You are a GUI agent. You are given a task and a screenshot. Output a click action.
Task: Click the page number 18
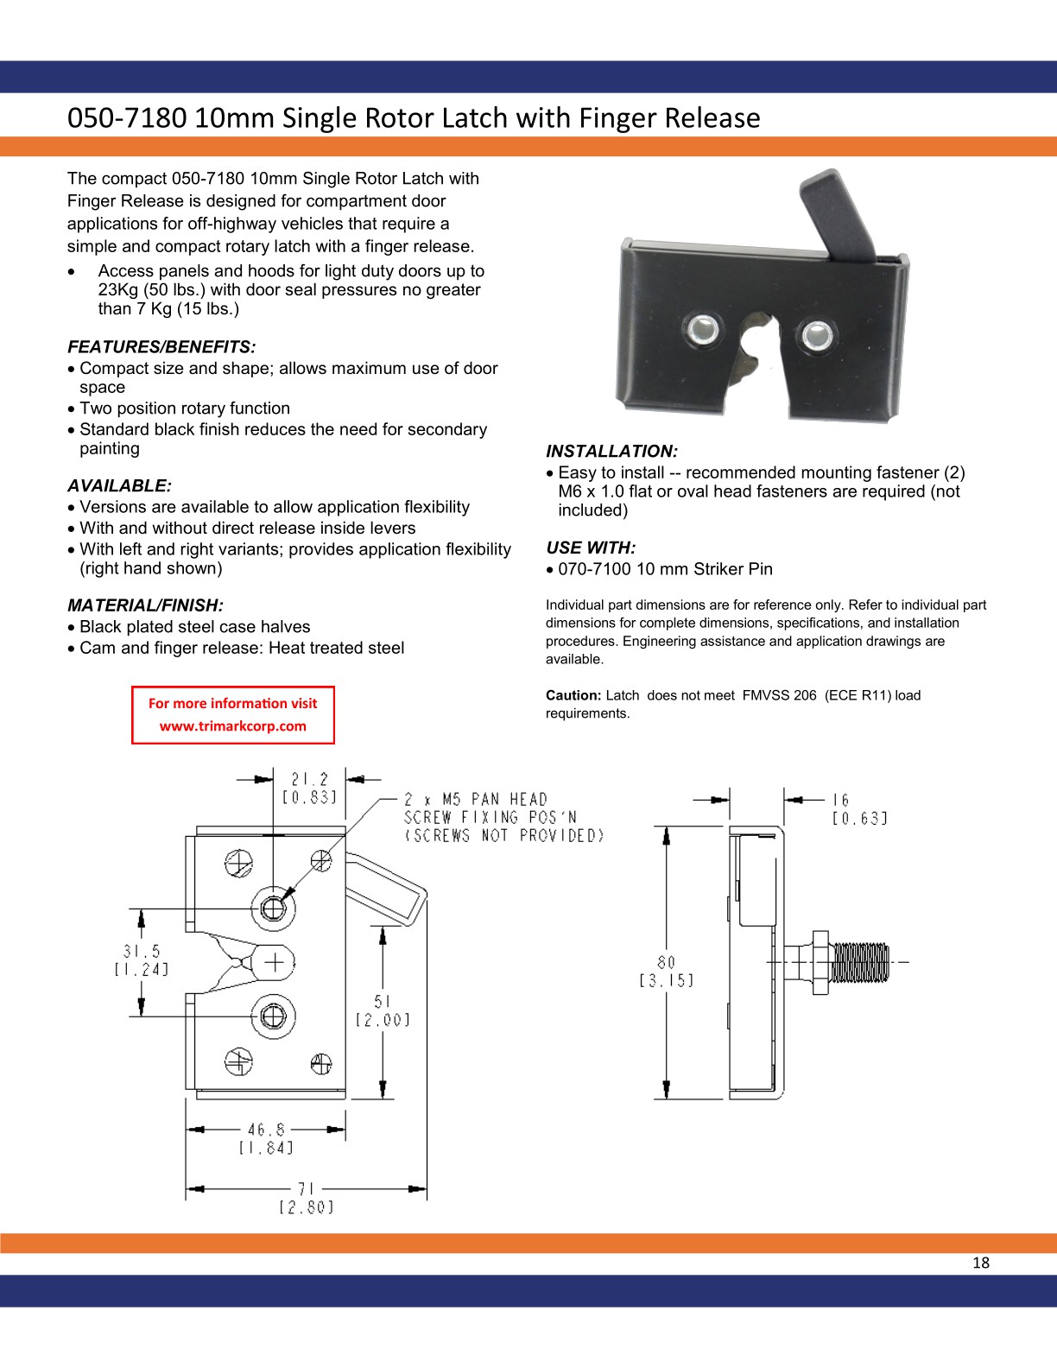pyautogui.click(x=981, y=1263)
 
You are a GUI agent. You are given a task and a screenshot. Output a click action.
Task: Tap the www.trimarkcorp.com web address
pyautogui.click(x=232, y=725)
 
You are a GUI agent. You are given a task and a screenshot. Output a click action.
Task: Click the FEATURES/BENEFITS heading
pyautogui.click(x=161, y=347)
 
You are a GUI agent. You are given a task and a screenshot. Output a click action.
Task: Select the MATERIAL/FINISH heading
pyautogui.click(x=145, y=605)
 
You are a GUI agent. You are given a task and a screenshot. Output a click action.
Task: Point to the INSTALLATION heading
pyautogui.click(x=611, y=451)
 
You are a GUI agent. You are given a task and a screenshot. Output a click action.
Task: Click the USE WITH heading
pyautogui.click(x=591, y=548)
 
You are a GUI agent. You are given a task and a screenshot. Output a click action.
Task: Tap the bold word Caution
pyautogui.click(x=573, y=695)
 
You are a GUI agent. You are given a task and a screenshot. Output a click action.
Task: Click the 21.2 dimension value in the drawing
pyautogui.click(x=309, y=779)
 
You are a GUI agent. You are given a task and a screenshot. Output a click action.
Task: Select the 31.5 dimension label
pyautogui.click(x=141, y=952)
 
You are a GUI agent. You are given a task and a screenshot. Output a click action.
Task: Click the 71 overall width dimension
pyautogui.click(x=306, y=1189)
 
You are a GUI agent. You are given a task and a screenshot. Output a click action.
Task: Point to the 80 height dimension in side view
pyautogui.click(x=666, y=962)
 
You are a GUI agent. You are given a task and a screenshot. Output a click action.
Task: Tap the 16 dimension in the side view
pyautogui.click(x=841, y=801)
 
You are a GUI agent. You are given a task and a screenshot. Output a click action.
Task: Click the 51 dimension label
pyautogui.click(x=383, y=1002)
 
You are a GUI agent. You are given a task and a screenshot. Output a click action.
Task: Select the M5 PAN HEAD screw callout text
pyautogui.click(x=475, y=800)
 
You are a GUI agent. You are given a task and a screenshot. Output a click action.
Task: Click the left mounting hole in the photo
pyautogui.click(x=703, y=328)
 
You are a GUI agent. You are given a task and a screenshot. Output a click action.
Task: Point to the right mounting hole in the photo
pyautogui.click(x=814, y=334)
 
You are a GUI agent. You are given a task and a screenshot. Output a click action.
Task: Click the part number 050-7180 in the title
pyautogui.click(x=127, y=117)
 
